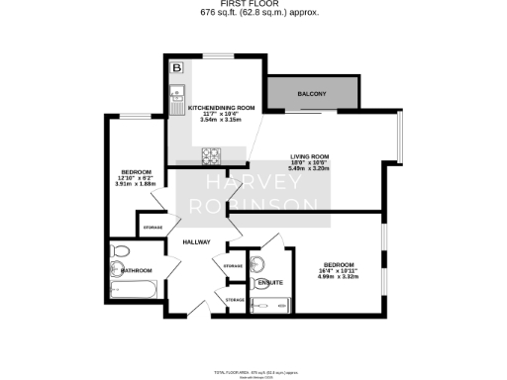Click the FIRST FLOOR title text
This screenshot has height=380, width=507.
pos(253,5)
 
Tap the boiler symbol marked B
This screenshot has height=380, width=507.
pos(176,68)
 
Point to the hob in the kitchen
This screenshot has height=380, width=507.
pos(211,154)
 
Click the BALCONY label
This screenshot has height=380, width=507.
pos(313,95)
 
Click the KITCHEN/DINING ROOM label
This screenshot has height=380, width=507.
pos(215,107)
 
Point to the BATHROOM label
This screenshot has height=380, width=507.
pos(136,270)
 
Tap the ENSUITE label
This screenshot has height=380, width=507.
pos(268,284)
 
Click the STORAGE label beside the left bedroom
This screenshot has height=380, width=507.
pos(152,228)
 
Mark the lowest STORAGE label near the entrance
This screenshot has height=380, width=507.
pos(235,299)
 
